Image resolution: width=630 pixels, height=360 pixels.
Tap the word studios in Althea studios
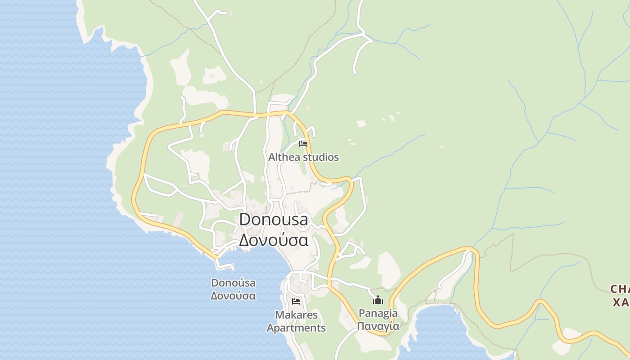pyautogui.click(x=321, y=157)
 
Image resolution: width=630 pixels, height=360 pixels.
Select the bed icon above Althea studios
pyautogui.click(x=303, y=144)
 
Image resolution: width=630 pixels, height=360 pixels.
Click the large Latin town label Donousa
pyautogui.click(x=274, y=220)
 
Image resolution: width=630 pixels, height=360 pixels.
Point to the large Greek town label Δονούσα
pyautogui.click(x=274, y=240)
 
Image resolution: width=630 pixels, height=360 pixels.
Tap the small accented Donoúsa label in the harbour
pyautogui.click(x=233, y=283)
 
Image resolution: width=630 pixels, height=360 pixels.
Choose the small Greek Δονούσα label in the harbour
pyautogui.click(x=233, y=296)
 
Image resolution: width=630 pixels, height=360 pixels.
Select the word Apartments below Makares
pyautogui.click(x=296, y=328)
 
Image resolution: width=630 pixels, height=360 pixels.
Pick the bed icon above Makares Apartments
pyautogui.click(x=296, y=301)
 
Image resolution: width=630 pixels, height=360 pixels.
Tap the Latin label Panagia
pyautogui.click(x=378, y=313)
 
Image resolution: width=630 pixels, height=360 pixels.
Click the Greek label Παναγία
pyautogui.click(x=378, y=326)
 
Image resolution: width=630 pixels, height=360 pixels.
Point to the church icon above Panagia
pyautogui.click(x=378, y=300)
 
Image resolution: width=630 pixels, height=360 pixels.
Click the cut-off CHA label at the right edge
pyautogui.click(x=620, y=289)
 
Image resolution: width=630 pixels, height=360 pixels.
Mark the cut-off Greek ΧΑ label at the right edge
pyautogui.click(x=621, y=302)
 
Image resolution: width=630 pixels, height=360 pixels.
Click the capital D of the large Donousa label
pyautogui.click(x=246, y=220)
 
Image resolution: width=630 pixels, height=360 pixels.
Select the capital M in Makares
pyautogui.click(x=279, y=315)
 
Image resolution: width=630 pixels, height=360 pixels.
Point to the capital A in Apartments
pyautogui.click(x=270, y=328)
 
